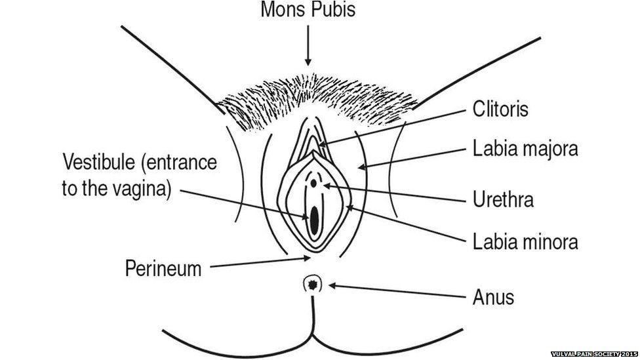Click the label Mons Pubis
point(308,10)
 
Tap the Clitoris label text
point(500,109)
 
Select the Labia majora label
point(525,149)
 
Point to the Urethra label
point(503,199)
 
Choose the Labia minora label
point(525,242)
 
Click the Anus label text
point(493,297)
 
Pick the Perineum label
point(163,268)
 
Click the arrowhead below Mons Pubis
point(308,62)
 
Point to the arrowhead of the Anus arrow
point(332,285)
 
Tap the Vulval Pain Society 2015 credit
point(593,354)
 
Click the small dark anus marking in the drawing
point(313,284)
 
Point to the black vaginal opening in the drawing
point(314,220)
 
